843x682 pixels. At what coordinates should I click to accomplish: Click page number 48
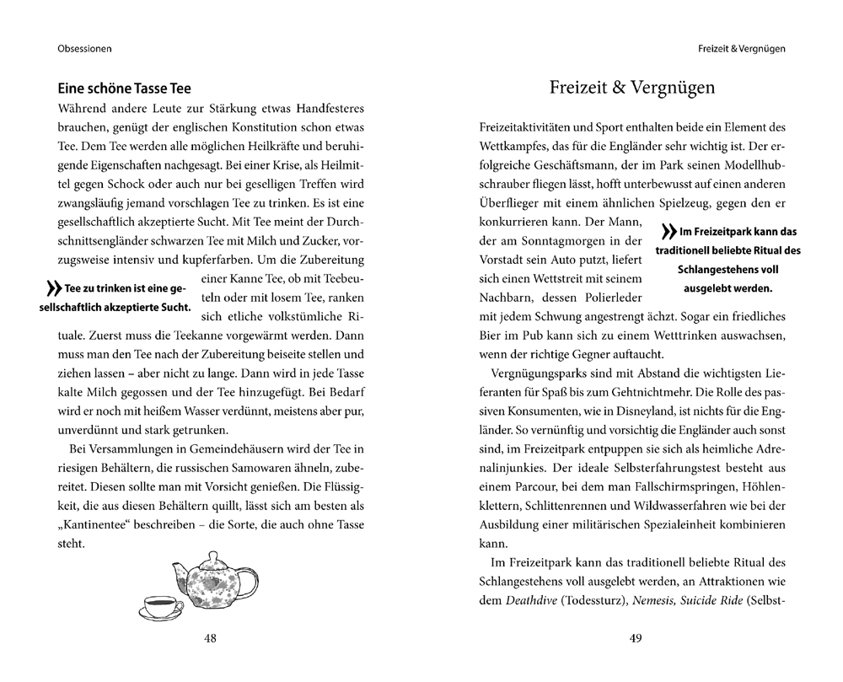tap(210, 638)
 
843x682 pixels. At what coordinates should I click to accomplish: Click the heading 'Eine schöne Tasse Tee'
tap(124, 88)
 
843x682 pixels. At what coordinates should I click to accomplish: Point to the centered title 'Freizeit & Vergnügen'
tap(632, 87)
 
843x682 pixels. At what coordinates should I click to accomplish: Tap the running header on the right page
tap(742, 48)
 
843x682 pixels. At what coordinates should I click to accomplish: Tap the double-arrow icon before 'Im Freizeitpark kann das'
tap(668, 232)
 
